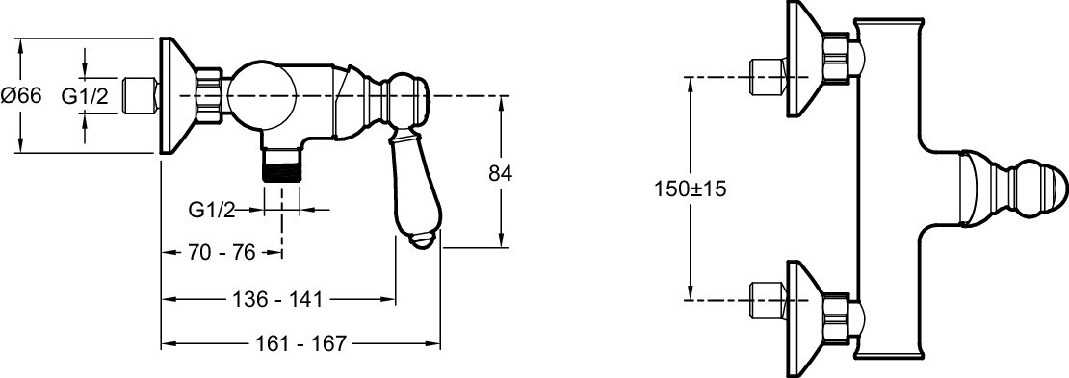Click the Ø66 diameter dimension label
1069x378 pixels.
coord(21,96)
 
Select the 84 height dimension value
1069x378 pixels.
coord(501,173)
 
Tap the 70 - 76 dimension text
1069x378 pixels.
coord(221,253)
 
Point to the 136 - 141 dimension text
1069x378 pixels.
coord(276,298)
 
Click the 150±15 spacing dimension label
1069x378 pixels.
coord(690,189)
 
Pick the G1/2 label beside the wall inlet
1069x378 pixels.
coord(85,96)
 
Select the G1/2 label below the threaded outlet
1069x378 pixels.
coord(211,211)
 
